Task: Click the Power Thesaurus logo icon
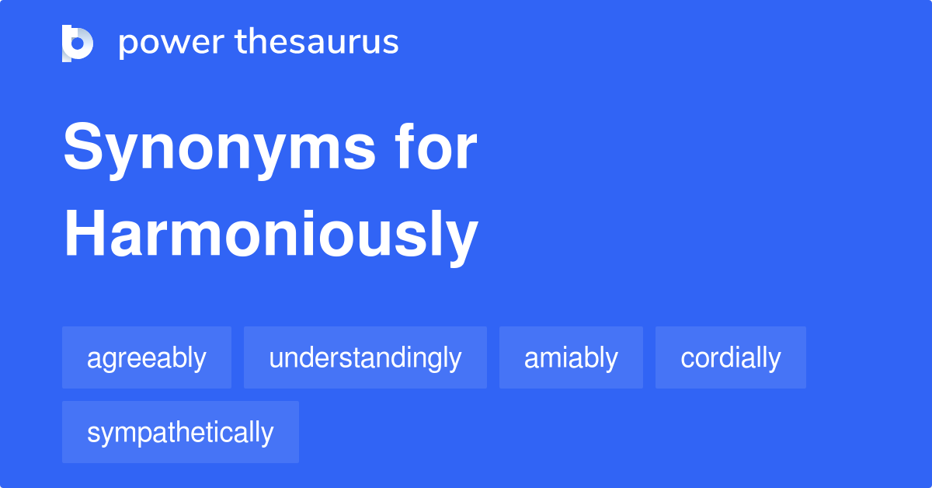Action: pyautogui.click(x=78, y=43)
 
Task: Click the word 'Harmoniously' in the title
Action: pyautogui.click(x=270, y=235)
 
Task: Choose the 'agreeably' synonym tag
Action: pyautogui.click(x=147, y=358)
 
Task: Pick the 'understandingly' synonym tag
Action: pyautogui.click(x=365, y=358)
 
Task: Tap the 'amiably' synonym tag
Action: pyautogui.click(x=571, y=358)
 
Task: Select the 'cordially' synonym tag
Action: pyautogui.click(x=731, y=358)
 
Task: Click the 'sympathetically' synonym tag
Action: pyautogui.click(x=180, y=433)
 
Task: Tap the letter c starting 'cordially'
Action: pyautogui.click(x=687, y=360)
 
